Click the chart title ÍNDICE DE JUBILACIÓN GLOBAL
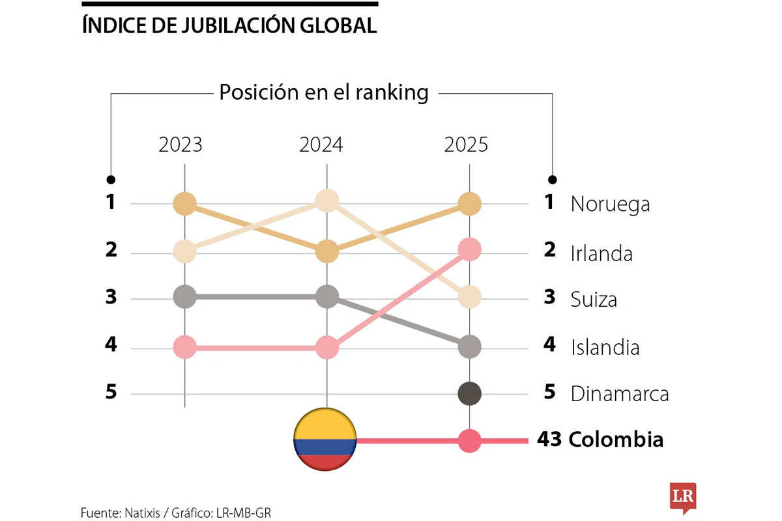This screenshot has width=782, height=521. (x=229, y=25)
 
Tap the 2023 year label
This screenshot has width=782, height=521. (x=181, y=145)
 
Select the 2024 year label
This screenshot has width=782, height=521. (x=321, y=145)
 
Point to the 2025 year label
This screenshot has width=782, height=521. (x=466, y=145)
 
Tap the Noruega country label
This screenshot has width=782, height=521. (x=610, y=204)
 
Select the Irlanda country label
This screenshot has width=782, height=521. (x=601, y=253)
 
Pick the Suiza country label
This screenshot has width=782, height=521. (x=594, y=300)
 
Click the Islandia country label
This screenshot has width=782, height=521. (x=605, y=347)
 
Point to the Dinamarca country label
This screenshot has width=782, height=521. (x=620, y=394)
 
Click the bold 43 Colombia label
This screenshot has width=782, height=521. (x=600, y=440)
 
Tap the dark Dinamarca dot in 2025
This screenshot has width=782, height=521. (x=470, y=393)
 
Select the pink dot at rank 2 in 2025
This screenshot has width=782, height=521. (x=470, y=249)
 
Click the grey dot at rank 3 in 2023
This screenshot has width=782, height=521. (x=185, y=298)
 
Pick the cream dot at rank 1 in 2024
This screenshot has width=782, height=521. (x=326, y=201)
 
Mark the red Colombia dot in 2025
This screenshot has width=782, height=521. (x=470, y=441)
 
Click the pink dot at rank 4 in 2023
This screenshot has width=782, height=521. (x=185, y=347)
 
